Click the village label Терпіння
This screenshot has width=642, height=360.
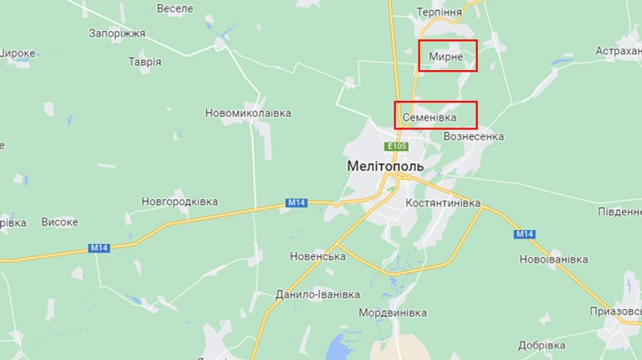(x=439, y=12)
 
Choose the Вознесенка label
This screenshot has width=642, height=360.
(x=474, y=136)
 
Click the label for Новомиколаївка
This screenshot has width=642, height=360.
(x=248, y=112)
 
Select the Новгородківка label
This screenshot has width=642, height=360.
(x=179, y=202)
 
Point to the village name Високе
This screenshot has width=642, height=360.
(x=59, y=222)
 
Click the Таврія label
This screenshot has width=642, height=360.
(x=145, y=62)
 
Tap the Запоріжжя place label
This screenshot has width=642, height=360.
(x=117, y=33)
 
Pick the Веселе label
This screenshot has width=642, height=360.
(x=175, y=8)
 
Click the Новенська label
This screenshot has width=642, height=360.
(x=318, y=256)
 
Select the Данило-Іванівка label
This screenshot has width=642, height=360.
(x=318, y=295)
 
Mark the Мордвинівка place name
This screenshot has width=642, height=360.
(x=392, y=312)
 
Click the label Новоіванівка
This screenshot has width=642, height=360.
(x=553, y=259)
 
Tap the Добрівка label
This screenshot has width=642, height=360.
(x=541, y=345)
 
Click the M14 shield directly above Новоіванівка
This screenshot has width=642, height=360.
(x=524, y=234)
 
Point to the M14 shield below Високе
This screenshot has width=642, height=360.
(x=99, y=248)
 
